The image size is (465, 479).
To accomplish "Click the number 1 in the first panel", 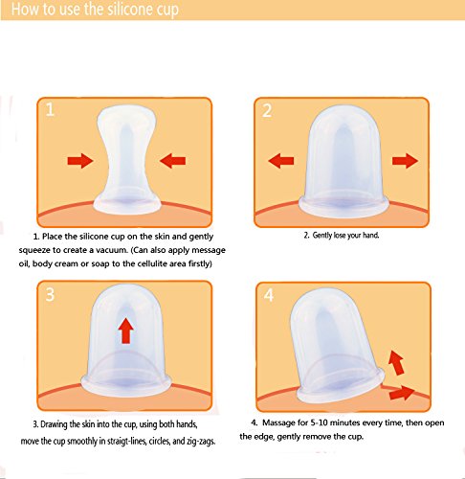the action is (50, 109).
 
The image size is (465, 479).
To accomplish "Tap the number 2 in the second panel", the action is (267, 110).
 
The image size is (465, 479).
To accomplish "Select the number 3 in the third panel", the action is (50, 294).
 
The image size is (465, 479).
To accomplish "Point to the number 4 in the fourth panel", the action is (269, 295).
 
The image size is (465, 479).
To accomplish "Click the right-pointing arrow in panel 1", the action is (80, 161).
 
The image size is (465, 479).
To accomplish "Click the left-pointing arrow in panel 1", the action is (172, 161).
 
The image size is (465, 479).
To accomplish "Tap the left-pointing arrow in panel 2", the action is (281, 161).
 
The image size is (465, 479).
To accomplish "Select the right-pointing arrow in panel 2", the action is (405, 161).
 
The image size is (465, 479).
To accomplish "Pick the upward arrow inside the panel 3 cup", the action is (126, 331).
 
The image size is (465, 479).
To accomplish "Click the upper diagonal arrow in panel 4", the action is (396, 362).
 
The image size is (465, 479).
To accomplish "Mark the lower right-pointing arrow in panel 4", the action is (402, 393).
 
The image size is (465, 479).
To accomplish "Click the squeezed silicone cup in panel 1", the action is (126, 160).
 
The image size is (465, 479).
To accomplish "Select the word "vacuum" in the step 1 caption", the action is (110, 250).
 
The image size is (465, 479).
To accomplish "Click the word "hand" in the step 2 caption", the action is (370, 236).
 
